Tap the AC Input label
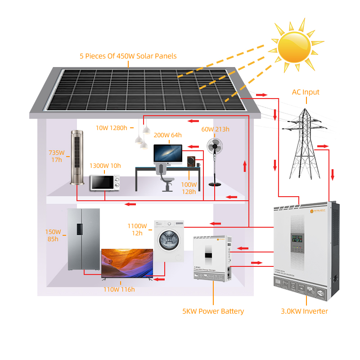(x=306, y=92)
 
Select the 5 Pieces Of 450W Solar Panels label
(x=128, y=56)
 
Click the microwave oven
(x=105, y=183)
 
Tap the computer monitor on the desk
(x=168, y=153)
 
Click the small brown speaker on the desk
(x=192, y=162)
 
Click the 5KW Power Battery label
(x=213, y=311)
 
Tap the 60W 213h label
(x=215, y=130)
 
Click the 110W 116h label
(x=119, y=289)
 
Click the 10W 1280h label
(x=112, y=128)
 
